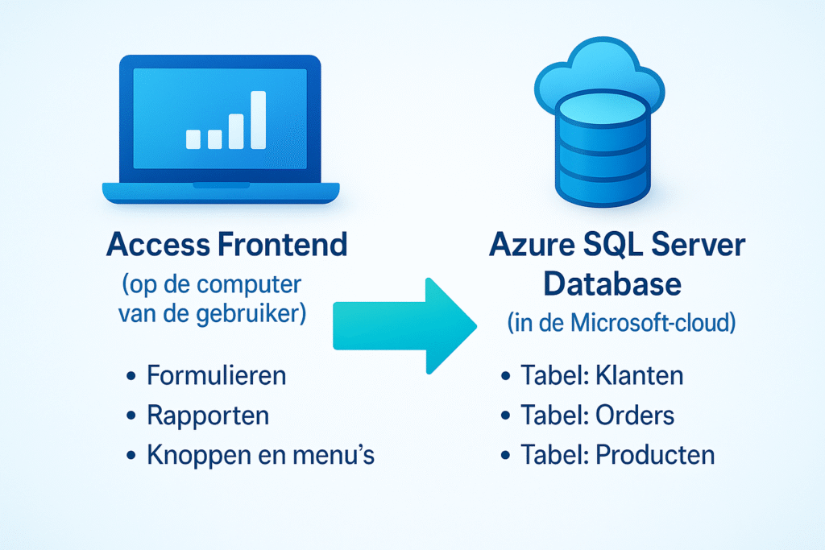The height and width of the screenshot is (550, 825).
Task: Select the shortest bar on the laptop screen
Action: (x=193, y=139)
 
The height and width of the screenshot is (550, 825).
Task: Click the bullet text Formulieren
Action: (x=217, y=375)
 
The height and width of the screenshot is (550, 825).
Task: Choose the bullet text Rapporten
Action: (x=208, y=416)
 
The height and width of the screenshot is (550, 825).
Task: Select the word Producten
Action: (x=655, y=456)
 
